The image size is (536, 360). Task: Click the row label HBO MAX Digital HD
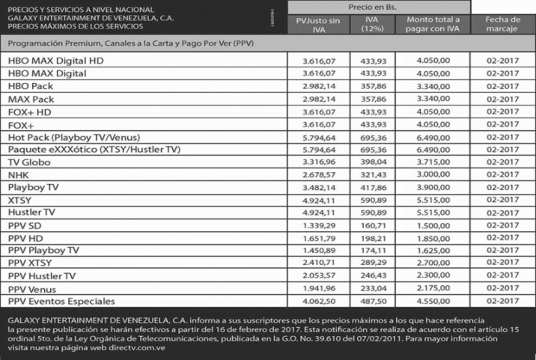55,61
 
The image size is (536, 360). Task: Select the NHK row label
18,175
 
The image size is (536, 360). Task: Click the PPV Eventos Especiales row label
61,302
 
